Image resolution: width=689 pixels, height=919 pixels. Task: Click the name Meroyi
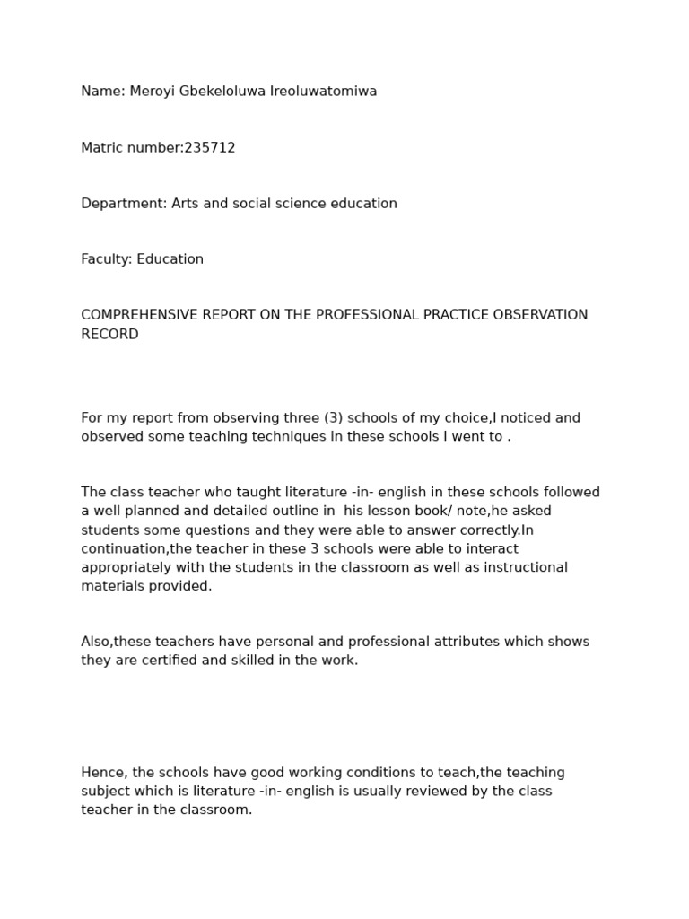[x=152, y=92]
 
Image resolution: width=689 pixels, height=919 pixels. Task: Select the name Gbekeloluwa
[x=222, y=92]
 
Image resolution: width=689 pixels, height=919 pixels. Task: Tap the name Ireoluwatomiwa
[x=324, y=92]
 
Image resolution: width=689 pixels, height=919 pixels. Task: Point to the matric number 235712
[x=210, y=148]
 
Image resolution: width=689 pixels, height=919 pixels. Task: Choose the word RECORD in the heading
[x=109, y=335]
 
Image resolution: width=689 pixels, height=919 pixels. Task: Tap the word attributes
[x=436, y=642]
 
